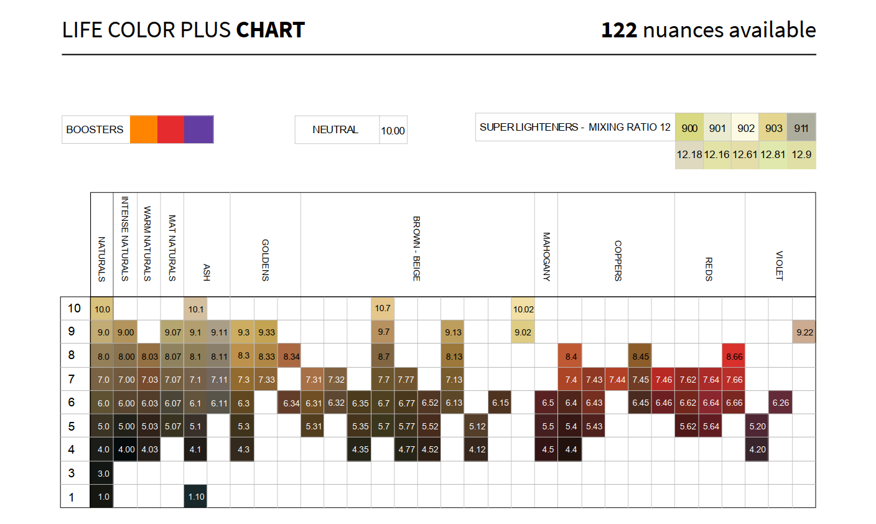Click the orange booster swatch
click(144, 129)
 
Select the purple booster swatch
click(199, 129)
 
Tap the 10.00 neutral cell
click(393, 130)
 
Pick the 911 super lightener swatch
click(801, 128)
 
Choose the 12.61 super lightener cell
click(745, 154)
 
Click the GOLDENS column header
click(266, 260)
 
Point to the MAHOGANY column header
click(546, 256)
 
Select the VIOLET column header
click(780, 265)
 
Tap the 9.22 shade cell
click(804, 332)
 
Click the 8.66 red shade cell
click(734, 357)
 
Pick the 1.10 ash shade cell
click(196, 497)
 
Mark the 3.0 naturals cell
click(103, 473)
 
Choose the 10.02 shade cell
click(523, 309)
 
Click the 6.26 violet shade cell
click(781, 403)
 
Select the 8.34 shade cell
click(290, 357)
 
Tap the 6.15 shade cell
click(500, 403)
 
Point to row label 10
click(74, 309)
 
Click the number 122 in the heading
click(619, 30)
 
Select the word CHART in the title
click(271, 30)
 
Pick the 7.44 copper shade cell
click(617, 380)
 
